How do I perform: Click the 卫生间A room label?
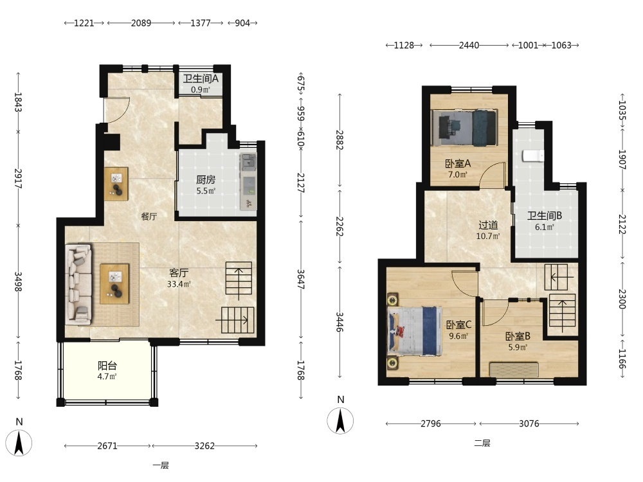(201, 78)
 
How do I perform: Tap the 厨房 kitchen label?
(206, 179)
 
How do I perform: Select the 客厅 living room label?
(179, 273)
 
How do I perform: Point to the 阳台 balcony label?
(107, 366)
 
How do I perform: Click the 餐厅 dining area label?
(149, 217)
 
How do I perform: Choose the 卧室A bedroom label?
(458, 163)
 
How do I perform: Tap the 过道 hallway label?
(488, 225)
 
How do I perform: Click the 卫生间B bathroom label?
(544, 215)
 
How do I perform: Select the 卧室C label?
(458, 325)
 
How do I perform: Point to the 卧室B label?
(518, 337)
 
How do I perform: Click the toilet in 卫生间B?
(533, 156)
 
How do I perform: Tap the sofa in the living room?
(78, 285)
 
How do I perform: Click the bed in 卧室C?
(415, 331)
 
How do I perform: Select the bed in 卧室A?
(464, 127)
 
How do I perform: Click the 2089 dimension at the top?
(141, 23)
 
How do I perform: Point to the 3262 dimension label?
(204, 445)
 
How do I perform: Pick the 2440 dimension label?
(469, 45)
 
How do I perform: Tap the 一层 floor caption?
(161, 465)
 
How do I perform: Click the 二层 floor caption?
(482, 443)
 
